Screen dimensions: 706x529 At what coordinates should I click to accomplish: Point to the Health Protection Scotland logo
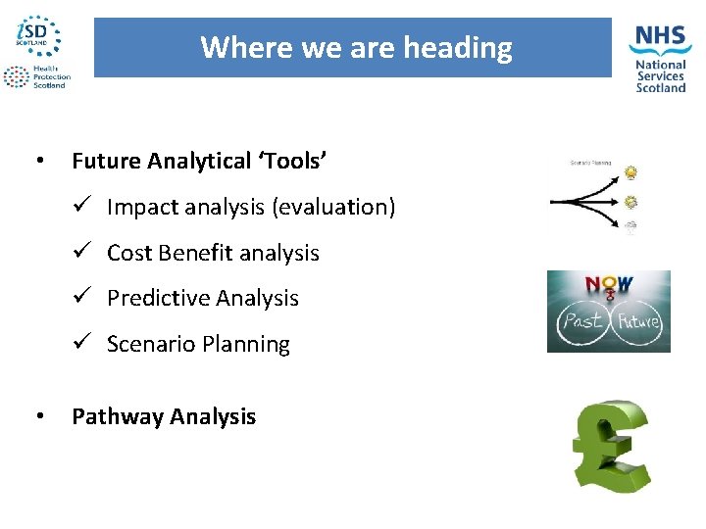coord(34,77)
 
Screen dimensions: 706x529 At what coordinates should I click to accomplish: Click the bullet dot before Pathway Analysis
coord(37,416)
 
